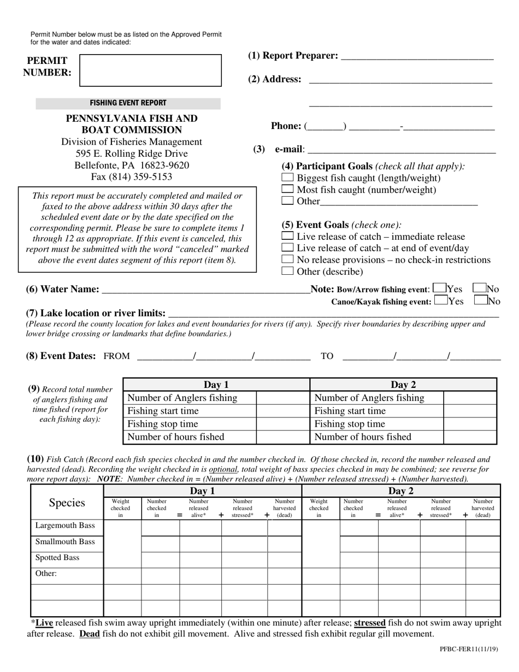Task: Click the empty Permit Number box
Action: pos(150,70)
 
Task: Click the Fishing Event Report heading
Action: pos(128,103)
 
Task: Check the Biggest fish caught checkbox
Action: pos(287,178)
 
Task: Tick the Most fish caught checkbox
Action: pos(287,189)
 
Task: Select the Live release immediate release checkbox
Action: pos(287,237)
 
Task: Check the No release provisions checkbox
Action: pos(287,260)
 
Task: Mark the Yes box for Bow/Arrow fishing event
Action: pos(439,288)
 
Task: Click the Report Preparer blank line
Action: pos(417,56)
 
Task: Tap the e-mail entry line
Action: pos(402,150)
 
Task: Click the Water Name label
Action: pos(63,289)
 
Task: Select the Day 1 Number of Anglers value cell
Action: pos(282,398)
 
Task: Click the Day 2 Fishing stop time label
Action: pos(350,424)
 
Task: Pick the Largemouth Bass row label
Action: pos(65,526)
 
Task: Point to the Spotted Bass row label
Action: pos(57,558)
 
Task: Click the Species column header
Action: pos(67,503)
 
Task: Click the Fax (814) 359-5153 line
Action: pos(132,176)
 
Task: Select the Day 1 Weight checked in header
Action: pos(121,508)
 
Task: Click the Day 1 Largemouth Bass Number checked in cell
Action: pos(160,527)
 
